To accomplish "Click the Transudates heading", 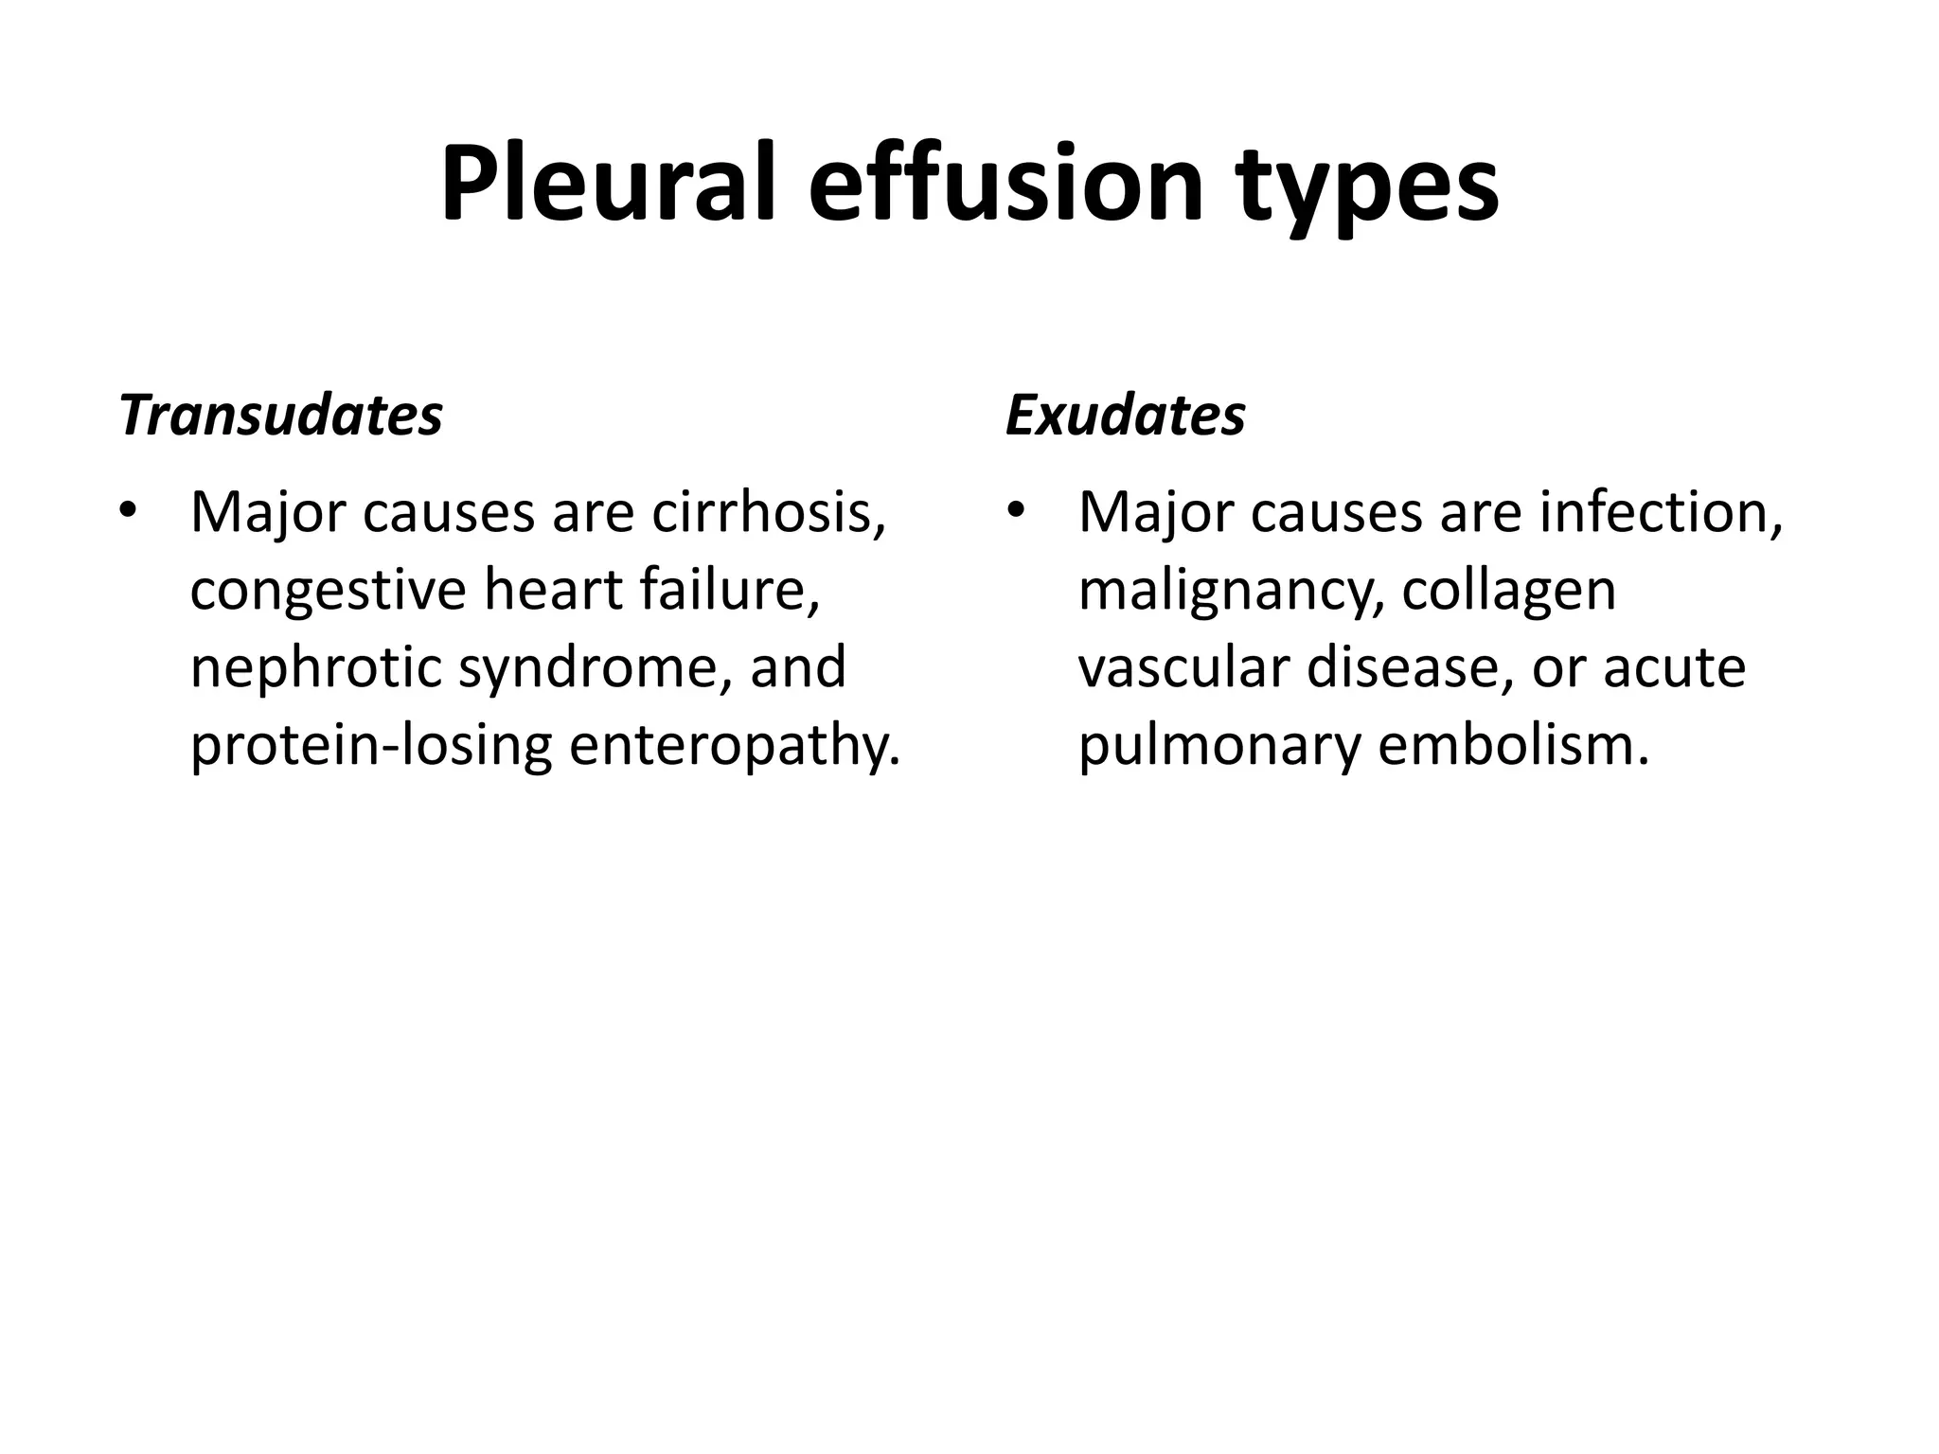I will pyautogui.click(x=281, y=415).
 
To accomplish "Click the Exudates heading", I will pyautogui.click(x=1125, y=415).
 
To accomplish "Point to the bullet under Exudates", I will pyautogui.click(x=1016, y=512).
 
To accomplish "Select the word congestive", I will pyautogui.click(x=328, y=593).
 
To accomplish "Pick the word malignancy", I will pyautogui.click(x=1231, y=593).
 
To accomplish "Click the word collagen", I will pyautogui.click(x=1509, y=593).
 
